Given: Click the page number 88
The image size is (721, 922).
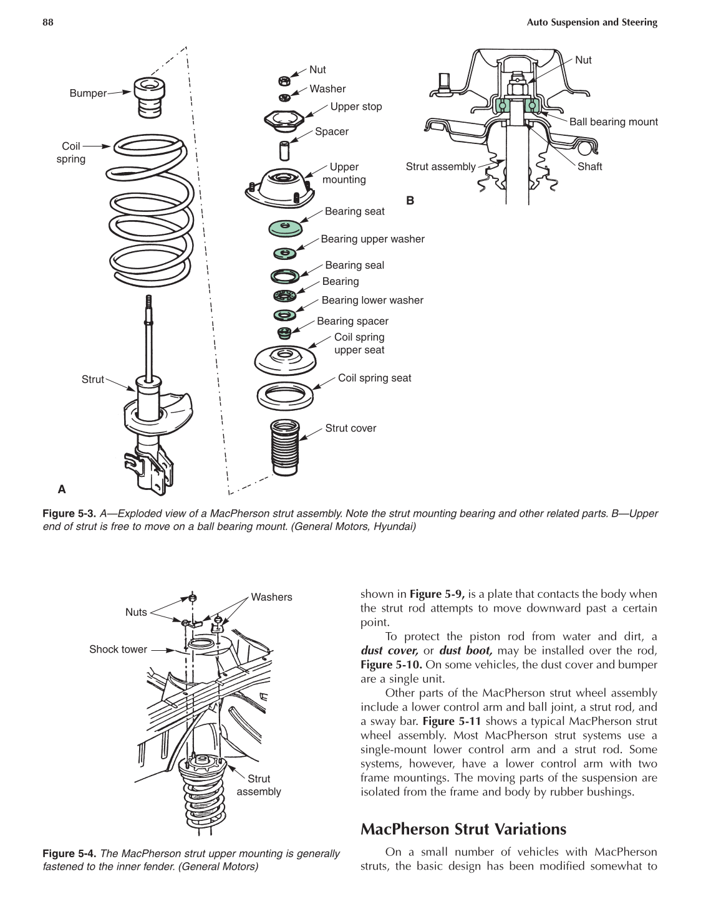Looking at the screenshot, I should pyautogui.click(x=47, y=22).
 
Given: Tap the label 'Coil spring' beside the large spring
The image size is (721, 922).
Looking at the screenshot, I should pyautogui.click(x=70, y=153).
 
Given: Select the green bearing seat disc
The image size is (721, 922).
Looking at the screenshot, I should pyautogui.click(x=286, y=228).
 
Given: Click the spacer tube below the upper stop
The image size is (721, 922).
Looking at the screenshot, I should pyautogui.click(x=284, y=150).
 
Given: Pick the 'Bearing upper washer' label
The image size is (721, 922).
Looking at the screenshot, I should pyautogui.click(x=372, y=239).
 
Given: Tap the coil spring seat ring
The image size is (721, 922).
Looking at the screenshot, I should pyautogui.click(x=284, y=395).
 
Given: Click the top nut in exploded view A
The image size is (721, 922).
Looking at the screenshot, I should pyautogui.click(x=283, y=80).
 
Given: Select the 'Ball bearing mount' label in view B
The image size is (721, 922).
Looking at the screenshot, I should pyautogui.click(x=613, y=122).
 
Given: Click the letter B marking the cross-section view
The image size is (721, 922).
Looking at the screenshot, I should pyautogui.click(x=410, y=200).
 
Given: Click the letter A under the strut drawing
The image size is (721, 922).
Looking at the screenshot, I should pyautogui.click(x=62, y=489).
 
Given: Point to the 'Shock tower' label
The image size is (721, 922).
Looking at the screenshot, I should pyautogui.click(x=118, y=649).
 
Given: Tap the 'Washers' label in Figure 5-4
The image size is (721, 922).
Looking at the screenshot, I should pyautogui.click(x=271, y=597).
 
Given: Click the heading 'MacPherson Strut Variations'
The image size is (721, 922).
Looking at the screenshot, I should pyautogui.click(x=463, y=829).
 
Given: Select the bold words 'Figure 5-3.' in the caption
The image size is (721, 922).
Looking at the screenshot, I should pyautogui.click(x=69, y=514).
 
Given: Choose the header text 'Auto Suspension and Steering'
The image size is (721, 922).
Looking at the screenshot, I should pyautogui.click(x=591, y=22).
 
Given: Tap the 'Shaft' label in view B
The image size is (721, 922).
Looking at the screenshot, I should pyautogui.click(x=589, y=166).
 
